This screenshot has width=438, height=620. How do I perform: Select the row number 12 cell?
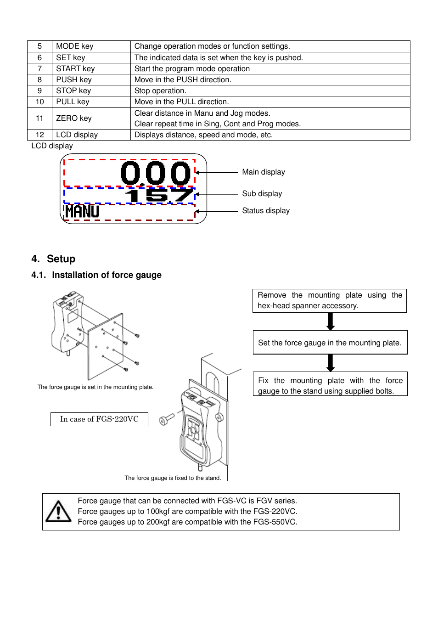[x=40, y=135]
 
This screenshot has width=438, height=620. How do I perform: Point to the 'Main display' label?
[x=264, y=172]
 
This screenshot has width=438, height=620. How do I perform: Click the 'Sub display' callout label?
[x=262, y=194]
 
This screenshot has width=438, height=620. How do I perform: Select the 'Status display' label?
[x=266, y=211]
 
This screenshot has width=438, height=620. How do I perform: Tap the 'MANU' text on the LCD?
[x=82, y=211]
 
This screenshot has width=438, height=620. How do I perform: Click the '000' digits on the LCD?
[x=155, y=173]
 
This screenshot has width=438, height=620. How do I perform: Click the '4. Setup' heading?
[x=53, y=259]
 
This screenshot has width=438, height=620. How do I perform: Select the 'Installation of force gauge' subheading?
[x=107, y=275]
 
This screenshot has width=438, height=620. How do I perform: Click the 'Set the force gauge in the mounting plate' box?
[x=330, y=343]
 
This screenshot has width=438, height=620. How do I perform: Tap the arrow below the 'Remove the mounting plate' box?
[x=330, y=321]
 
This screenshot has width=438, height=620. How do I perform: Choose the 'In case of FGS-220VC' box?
[x=99, y=419]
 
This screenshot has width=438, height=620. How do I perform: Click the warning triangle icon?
[x=58, y=512]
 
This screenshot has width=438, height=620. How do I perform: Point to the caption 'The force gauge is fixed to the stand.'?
[x=173, y=478]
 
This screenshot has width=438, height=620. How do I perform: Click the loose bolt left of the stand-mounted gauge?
[x=166, y=419]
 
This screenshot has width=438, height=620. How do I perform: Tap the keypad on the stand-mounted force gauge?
[x=193, y=431]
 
